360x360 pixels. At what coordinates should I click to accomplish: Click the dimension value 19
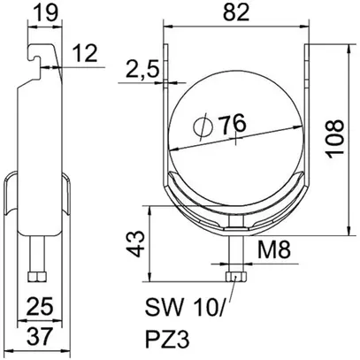click(x=41, y=12)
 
